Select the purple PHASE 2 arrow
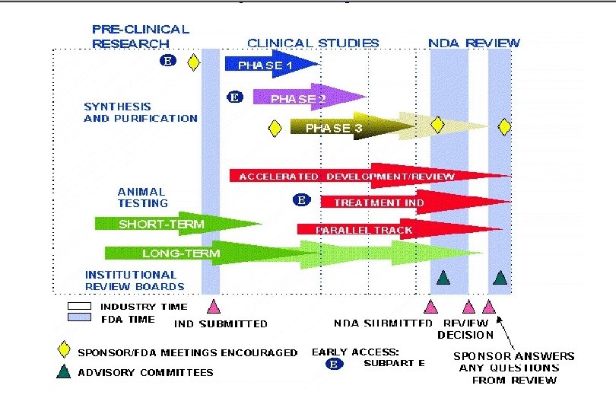point(304,97)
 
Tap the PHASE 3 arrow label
point(334,128)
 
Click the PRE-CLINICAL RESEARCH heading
point(140,37)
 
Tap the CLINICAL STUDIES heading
point(313,43)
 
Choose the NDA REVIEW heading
point(474,43)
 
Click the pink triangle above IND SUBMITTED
point(214,306)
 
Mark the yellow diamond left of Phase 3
point(275,128)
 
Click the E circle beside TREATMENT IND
point(301,200)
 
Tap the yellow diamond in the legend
point(66,352)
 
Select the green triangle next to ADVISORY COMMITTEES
point(66,372)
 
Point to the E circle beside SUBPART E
point(332,364)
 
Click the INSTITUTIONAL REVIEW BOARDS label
point(134,280)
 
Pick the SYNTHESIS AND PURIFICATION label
point(140,113)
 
